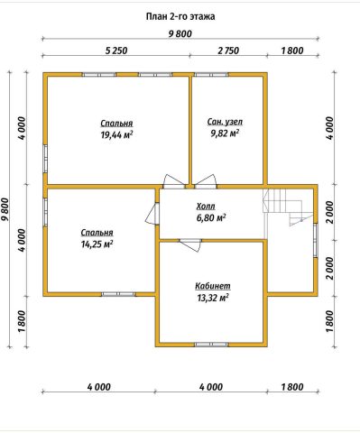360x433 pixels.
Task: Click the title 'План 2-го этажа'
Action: coord(180,16)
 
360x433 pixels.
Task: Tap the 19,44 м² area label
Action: coord(116,134)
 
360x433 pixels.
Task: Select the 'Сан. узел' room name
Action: coord(225,122)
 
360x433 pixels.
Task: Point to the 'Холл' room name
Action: coord(206,207)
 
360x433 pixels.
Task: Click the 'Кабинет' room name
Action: coord(213,286)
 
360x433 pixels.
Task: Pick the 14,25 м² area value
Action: coord(97,244)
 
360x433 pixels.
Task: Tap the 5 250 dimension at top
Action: coord(116,51)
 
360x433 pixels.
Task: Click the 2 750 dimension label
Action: coord(228,51)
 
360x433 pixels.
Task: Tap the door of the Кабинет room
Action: coord(190,244)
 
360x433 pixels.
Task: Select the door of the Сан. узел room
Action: coord(206,181)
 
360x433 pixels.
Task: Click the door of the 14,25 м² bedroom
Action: coord(152,213)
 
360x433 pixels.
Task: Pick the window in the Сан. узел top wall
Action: coord(211,74)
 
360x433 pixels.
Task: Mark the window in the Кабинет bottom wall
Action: coord(211,345)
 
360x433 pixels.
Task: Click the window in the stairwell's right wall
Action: coord(316,240)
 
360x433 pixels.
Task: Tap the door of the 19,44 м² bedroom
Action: coord(174,181)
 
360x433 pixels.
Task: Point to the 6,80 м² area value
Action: coord(211,217)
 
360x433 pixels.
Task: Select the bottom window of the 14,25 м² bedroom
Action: coord(118,294)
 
